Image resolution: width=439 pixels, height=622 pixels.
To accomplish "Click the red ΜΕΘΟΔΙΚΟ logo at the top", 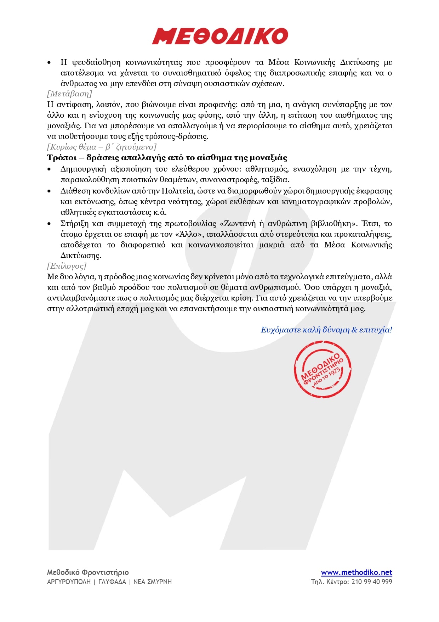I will pos(220,36).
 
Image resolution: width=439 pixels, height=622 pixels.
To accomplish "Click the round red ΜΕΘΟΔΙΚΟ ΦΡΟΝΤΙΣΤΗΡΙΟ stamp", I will pos(323,369).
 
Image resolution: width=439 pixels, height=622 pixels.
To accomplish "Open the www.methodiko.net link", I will pos(356,572).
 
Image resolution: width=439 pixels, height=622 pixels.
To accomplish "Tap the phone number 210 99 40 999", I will pos(372,582).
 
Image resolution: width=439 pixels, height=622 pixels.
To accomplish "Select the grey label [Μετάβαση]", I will pos(69,94).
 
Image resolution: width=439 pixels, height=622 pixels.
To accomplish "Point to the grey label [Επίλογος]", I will pos(67,266).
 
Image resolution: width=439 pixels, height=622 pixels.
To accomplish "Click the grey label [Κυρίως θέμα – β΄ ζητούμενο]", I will pos(102,147).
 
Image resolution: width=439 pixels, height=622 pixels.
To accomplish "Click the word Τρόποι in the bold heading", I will pos(62,158).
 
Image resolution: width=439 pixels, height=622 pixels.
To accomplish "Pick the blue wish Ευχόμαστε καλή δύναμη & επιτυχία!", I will pos(326,330).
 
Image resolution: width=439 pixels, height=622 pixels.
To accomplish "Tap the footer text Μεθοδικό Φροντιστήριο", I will pos(88,572).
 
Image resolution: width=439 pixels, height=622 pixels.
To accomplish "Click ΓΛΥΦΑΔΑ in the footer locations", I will pos(112,582).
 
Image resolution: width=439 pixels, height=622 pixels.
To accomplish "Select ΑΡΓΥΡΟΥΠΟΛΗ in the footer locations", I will pos(69,582).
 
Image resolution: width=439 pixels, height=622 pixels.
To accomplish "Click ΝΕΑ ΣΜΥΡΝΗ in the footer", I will pos(153,582).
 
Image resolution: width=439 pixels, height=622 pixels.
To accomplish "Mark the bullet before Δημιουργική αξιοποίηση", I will pos(50,169).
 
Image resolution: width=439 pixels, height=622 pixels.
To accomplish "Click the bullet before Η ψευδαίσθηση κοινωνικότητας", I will pos(50,63).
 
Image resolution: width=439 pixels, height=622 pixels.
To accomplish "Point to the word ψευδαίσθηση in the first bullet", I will pos(96,63).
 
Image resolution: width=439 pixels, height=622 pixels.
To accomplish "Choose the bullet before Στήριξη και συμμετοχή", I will pos(50,224).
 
